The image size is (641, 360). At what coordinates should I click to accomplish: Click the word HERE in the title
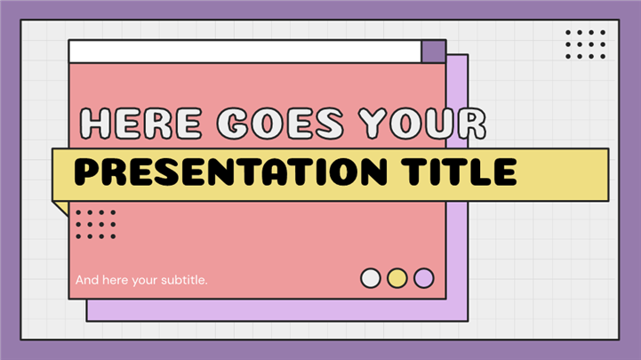[x=140, y=124]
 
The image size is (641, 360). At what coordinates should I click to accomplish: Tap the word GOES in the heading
[x=280, y=124]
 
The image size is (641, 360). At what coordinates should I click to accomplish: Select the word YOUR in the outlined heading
[x=422, y=124]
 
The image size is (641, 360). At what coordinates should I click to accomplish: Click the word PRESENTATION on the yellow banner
[x=230, y=172]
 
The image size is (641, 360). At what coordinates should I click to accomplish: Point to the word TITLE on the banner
[x=459, y=172]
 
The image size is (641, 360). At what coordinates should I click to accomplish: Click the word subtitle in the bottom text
[x=184, y=280]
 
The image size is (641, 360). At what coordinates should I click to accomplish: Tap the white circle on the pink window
[x=371, y=278]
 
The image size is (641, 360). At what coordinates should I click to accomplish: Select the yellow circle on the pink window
[x=397, y=278]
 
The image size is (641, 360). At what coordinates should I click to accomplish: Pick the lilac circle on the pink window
[x=424, y=278]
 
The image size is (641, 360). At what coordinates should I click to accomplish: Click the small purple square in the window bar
[x=433, y=52]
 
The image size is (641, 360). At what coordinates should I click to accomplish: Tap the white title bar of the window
[x=245, y=52]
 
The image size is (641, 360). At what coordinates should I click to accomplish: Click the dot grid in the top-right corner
[x=585, y=44]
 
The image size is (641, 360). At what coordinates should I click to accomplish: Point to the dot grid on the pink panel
[x=96, y=224]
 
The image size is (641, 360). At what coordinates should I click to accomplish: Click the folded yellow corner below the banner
[x=61, y=207]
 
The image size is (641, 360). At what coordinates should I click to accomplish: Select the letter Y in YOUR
[x=373, y=124]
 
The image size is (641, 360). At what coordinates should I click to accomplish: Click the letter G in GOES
[x=232, y=124]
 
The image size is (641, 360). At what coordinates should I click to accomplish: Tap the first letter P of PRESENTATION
[x=87, y=172]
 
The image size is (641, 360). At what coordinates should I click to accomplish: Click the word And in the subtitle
[x=87, y=280]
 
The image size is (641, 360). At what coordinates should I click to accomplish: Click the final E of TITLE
[x=506, y=172]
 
